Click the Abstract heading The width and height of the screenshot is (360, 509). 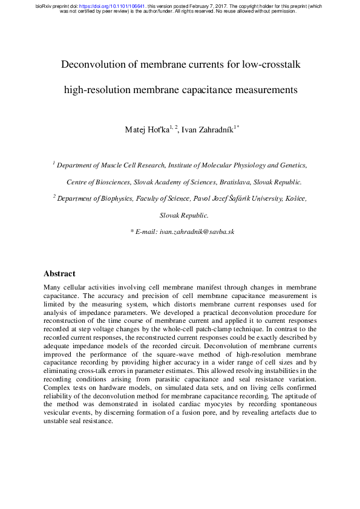click(x=60, y=273)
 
